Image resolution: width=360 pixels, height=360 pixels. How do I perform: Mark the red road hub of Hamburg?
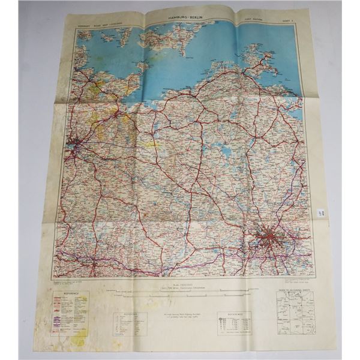pos(76,144)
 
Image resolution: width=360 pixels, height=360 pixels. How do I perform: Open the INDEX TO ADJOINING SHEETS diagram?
pos(290,312)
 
